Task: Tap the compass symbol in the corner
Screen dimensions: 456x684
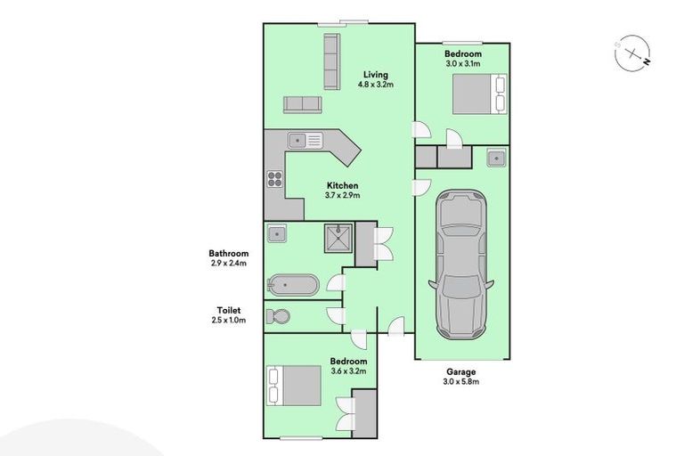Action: tap(632, 54)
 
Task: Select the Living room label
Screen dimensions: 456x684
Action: tap(374, 75)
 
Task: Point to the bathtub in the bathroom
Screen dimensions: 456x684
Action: tap(292, 286)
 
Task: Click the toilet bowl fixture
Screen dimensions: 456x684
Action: tap(279, 316)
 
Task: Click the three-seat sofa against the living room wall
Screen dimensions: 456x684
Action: tap(331, 61)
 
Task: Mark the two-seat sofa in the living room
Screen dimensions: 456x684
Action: tap(302, 104)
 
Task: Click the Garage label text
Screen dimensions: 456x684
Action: tap(461, 371)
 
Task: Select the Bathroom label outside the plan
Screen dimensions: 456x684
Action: tap(229, 253)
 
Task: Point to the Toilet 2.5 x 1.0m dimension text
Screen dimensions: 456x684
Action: tap(229, 320)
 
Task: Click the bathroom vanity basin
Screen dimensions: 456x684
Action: tap(278, 235)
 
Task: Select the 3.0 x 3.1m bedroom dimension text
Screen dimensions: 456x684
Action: tap(461, 63)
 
